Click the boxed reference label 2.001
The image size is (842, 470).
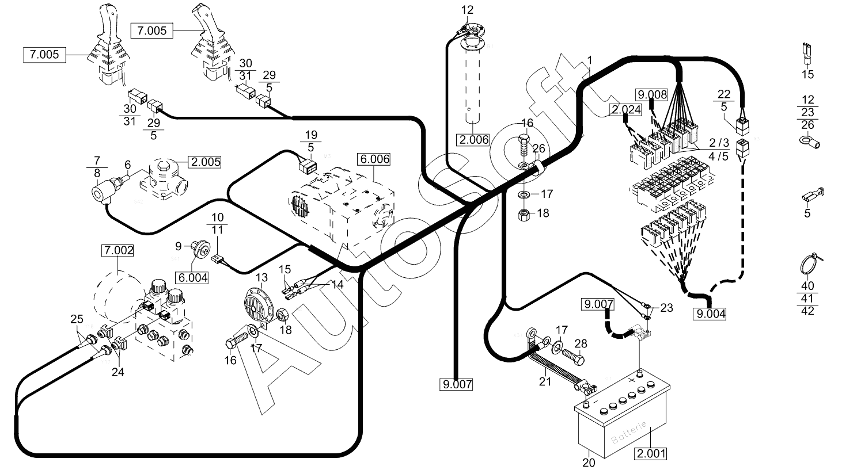pyautogui.click(x=651, y=453)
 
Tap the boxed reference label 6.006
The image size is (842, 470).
pyautogui.click(x=373, y=159)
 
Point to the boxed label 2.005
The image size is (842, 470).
pyautogui.click(x=205, y=162)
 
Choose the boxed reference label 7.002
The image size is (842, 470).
pyautogui.click(x=118, y=250)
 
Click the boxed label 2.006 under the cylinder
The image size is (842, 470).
pyautogui.click(x=473, y=139)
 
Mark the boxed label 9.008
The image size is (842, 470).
pyautogui.click(x=651, y=94)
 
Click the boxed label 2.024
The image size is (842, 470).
pyautogui.click(x=626, y=110)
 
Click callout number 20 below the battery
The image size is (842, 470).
pyautogui.click(x=589, y=462)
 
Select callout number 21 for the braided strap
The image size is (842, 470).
pyautogui.click(x=545, y=381)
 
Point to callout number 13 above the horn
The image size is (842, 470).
pyautogui.click(x=261, y=278)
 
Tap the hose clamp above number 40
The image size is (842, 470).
pyautogui.click(x=808, y=265)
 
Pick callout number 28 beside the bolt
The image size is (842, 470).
pyautogui.click(x=581, y=343)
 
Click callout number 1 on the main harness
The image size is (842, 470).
pyautogui.click(x=590, y=60)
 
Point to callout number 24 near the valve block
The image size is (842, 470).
pyautogui.click(x=117, y=372)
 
